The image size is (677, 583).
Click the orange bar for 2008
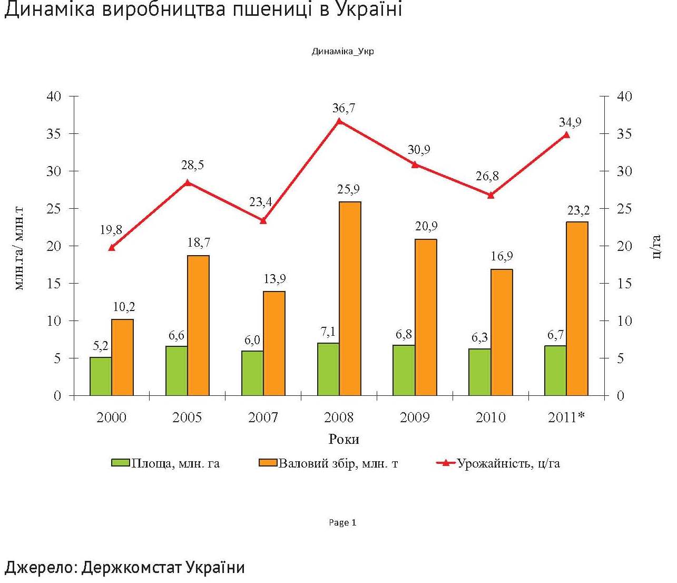click(350, 298)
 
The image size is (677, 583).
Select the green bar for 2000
click(101, 376)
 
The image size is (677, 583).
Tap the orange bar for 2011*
click(577, 308)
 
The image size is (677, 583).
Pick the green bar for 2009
click(404, 370)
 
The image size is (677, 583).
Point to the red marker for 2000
click(112, 247)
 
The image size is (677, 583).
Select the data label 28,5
click(192, 165)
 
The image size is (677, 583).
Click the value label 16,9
click(502, 257)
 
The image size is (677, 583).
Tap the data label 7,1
click(328, 332)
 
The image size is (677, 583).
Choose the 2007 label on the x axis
click(263, 417)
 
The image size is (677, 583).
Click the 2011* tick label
click(566, 417)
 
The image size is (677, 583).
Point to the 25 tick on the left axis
click(54, 209)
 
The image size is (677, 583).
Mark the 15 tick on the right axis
click(624, 284)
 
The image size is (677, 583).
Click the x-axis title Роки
click(344, 439)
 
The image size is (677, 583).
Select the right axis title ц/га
click(656, 246)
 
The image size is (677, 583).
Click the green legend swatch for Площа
click(120, 463)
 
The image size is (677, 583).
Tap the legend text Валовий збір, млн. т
click(338, 463)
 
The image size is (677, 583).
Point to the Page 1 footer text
click(342, 522)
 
